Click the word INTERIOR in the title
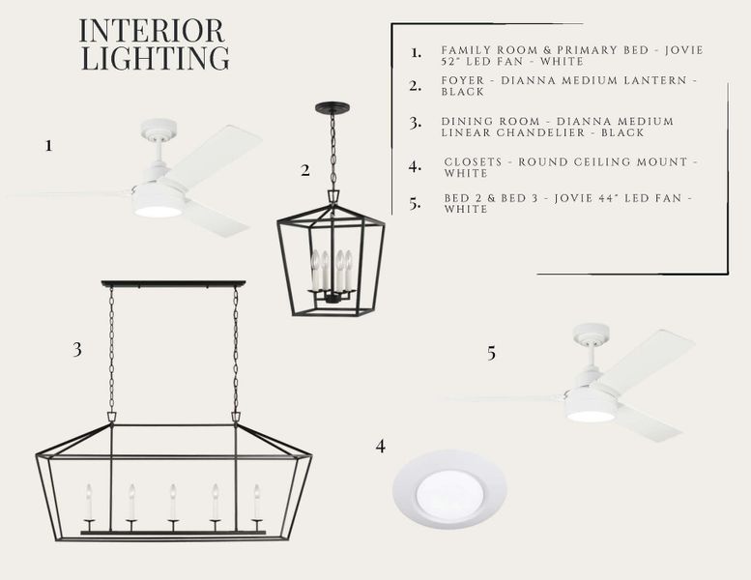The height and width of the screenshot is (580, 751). click(x=152, y=31)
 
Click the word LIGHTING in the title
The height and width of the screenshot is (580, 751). click(x=156, y=58)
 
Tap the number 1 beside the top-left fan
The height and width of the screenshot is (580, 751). click(x=48, y=146)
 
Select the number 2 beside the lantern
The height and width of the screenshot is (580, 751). click(x=305, y=170)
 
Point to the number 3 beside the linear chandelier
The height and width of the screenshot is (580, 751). click(x=77, y=350)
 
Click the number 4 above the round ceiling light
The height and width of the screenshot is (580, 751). click(x=380, y=447)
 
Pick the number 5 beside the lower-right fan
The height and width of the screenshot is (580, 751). click(x=491, y=354)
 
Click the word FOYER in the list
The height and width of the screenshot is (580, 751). click(x=463, y=80)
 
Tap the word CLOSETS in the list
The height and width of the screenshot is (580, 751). click(x=473, y=161)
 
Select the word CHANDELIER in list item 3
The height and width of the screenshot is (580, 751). click(x=540, y=132)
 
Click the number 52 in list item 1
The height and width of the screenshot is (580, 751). click(x=448, y=61)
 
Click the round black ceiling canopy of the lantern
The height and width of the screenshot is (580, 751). click(x=332, y=107)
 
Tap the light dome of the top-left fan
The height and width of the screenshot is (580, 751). click(x=158, y=211)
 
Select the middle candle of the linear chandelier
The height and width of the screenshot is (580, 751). click(x=173, y=502)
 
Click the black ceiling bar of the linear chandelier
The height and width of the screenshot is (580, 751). click(x=173, y=284)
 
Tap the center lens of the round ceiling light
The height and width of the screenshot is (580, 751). click(x=448, y=495)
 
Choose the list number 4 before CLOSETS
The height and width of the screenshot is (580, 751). click(x=415, y=167)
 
